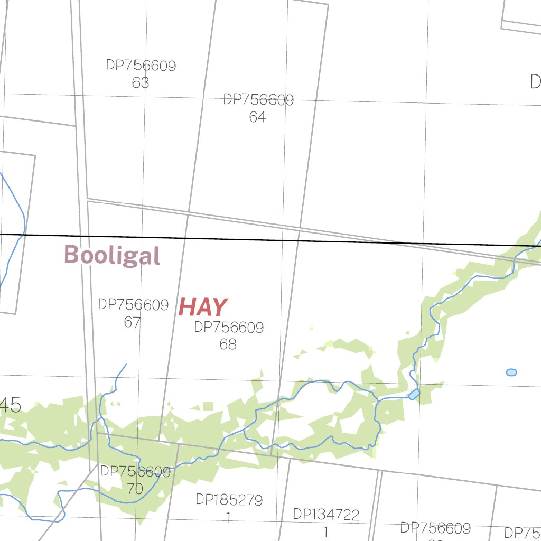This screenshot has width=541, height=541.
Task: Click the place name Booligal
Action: coord(112,255)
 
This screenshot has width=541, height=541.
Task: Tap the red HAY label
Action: coord(203,307)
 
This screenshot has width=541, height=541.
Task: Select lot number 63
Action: coord(141,83)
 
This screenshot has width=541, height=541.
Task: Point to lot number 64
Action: coord(257,117)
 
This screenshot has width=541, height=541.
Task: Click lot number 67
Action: coord(132,322)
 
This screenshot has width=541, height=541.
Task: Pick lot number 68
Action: coord(228,344)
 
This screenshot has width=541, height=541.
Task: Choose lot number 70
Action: coord(135,489)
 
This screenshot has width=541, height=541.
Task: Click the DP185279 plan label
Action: coord(229,500)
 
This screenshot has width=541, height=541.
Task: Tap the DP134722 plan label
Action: coord(326,515)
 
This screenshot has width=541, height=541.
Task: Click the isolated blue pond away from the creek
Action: coord(511,372)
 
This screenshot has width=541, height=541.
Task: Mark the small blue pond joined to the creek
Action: coord(414,394)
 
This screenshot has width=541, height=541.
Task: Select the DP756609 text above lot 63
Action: coord(141,66)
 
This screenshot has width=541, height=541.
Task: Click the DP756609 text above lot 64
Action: coord(258,100)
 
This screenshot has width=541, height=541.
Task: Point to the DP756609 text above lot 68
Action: coord(229,328)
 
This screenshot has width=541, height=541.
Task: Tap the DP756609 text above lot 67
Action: coord(133,305)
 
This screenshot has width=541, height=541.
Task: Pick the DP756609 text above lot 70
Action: coord(135,472)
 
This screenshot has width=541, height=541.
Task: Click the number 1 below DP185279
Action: coord(228,517)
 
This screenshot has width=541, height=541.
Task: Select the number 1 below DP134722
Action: coord(325,532)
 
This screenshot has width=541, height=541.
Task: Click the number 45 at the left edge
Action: coord(10,406)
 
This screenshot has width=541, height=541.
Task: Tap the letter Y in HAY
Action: coord(218,307)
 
